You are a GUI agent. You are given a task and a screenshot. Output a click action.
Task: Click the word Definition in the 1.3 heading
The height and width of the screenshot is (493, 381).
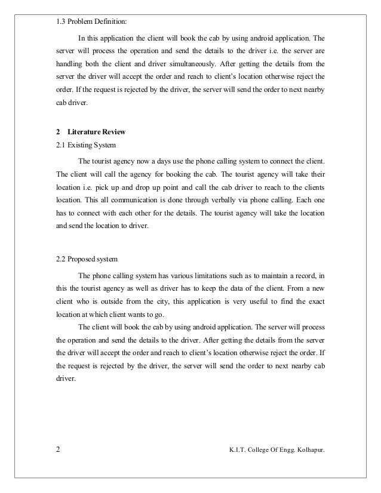tap(110, 23)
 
